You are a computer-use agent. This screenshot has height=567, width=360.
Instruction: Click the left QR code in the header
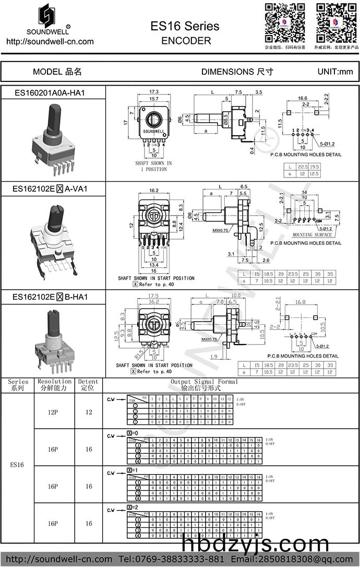tap(284, 22)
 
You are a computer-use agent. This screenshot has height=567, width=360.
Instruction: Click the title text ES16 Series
tap(185, 26)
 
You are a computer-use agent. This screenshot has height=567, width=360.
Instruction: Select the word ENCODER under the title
tap(186, 40)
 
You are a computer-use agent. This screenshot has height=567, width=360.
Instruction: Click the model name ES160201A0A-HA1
tap(50, 93)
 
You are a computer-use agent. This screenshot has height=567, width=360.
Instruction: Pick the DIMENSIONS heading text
tap(237, 72)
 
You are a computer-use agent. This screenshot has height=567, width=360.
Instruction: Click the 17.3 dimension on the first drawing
tap(154, 91)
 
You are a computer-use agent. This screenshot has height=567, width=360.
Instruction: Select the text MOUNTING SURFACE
tap(312, 235)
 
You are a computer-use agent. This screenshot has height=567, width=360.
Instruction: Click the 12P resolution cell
tap(52, 412)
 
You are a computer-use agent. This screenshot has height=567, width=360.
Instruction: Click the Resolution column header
tap(54, 385)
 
